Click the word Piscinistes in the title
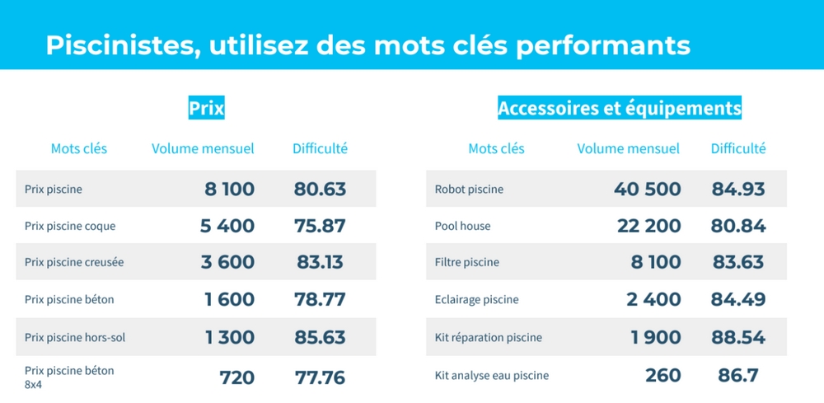115,45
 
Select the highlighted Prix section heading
207,107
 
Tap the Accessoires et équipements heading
620,107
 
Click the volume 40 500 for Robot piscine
648,189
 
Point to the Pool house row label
461,226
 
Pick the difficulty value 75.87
320,226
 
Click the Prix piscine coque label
70,226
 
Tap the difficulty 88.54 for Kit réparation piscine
738,337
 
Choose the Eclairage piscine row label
476,299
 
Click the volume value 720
237,377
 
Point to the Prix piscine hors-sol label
75,337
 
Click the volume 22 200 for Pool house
649,226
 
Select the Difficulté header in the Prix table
320,149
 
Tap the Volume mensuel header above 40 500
628,149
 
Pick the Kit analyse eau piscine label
491,376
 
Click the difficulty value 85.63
320,337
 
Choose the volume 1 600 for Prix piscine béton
230,299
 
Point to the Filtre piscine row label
466,262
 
